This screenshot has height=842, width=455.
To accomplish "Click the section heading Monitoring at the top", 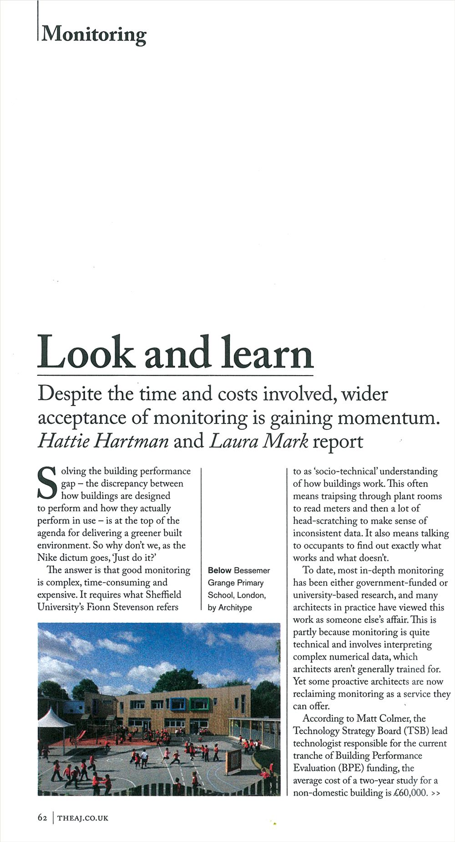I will [94, 34].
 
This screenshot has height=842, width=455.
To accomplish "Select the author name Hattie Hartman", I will [103, 441].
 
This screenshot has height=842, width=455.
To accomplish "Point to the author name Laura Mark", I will [258, 441].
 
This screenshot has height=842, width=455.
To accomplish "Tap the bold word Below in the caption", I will [219, 570].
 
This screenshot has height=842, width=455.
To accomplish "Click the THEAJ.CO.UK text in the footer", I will [83, 817].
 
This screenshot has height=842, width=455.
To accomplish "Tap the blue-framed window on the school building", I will [178, 703].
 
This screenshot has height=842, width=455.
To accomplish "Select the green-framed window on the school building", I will [199, 704].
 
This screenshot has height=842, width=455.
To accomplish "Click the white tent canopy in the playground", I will [51, 720].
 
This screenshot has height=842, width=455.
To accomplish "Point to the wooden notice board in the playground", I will [233, 757].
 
